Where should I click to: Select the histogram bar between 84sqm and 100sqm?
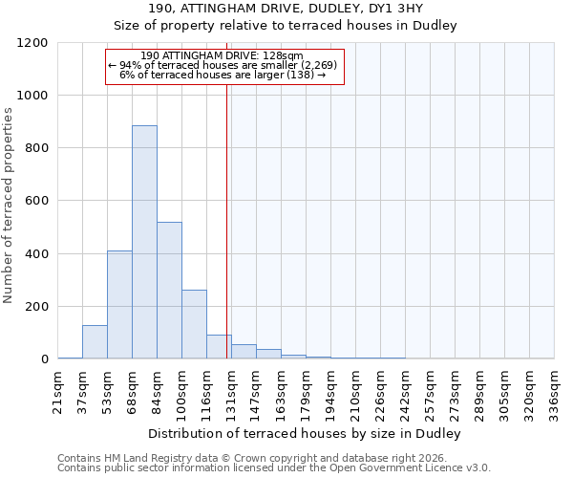click(x=169, y=291)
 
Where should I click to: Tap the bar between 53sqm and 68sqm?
click(x=119, y=304)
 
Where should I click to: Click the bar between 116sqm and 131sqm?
click(x=219, y=347)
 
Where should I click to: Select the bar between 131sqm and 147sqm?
click(x=244, y=351)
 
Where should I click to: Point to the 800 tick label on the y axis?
click(x=36, y=148)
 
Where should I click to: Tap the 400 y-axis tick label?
click(x=36, y=254)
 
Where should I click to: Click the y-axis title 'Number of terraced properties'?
click(x=9, y=205)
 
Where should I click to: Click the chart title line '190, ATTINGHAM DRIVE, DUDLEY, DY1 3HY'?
click(x=286, y=10)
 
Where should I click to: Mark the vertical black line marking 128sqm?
click(x=226, y=220)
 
